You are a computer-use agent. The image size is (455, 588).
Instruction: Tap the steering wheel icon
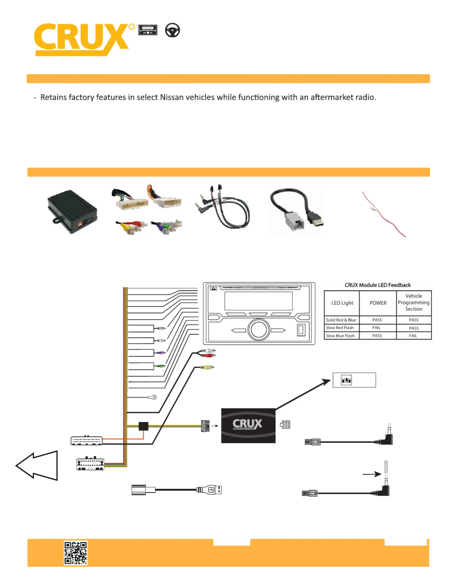pos(172,30)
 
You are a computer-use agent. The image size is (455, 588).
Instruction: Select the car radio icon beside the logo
pos(148,30)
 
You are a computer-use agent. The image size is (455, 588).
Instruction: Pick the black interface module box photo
pos(72,211)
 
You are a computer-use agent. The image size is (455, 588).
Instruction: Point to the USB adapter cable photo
pos(297,210)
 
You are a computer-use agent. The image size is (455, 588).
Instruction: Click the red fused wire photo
pos(384,214)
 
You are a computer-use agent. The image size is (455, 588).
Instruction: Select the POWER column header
pos(378,303)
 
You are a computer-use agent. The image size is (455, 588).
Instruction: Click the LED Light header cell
pos(342,303)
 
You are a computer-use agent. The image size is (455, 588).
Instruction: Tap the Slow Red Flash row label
pos(340,328)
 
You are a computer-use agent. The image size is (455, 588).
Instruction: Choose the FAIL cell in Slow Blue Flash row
pos(413,336)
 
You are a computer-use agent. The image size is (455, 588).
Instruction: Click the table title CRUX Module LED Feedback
pos(378,285)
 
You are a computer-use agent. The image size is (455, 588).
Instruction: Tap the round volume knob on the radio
pos(259,330)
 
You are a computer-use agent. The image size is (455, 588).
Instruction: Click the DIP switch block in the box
pos(346,380)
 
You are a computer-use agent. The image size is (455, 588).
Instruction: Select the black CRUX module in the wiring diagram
pos(248,425)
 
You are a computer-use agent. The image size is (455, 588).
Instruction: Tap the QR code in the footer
pos(76,553)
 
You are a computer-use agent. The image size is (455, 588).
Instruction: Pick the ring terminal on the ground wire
pos(153,397)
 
